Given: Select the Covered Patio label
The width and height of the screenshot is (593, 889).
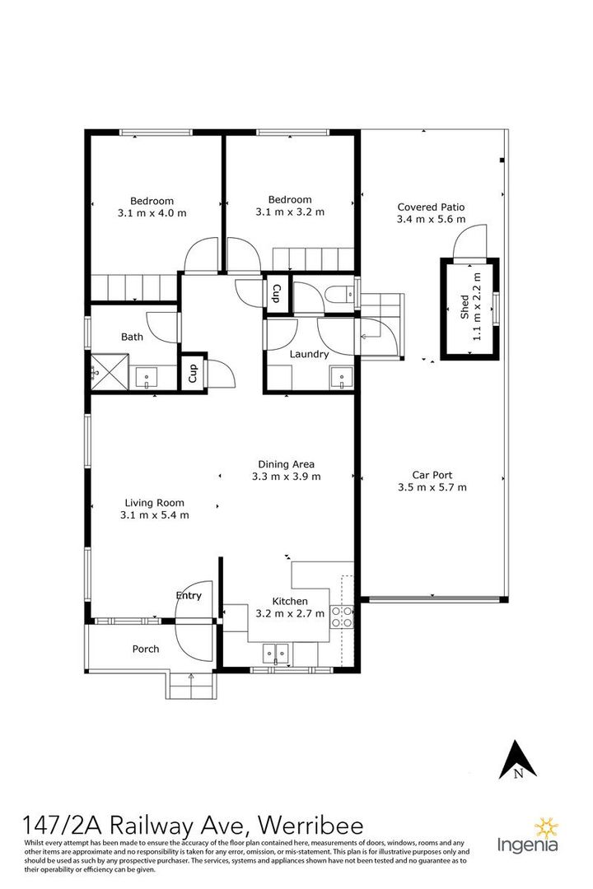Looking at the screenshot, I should click(x=431, y=207).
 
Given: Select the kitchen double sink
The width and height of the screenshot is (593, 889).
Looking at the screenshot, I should click(x=275, y=654).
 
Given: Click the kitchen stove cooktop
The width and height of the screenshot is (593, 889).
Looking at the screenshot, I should click(x=343, y=617).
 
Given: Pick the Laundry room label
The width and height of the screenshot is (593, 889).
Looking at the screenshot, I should click(x=309, y=355).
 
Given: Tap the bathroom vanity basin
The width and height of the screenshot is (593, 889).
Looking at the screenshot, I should click(x=147, y=379).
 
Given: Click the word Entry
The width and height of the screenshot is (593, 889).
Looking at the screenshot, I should click(x=189, y=595).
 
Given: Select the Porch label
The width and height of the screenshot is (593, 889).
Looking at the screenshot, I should click(x=146, y=649).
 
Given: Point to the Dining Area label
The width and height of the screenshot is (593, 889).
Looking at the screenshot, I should click(x=286, y=463).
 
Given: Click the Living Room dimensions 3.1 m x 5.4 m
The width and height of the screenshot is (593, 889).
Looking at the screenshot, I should click(x=154, y=515).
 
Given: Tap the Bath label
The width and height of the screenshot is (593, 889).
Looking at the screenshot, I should click(x=132, y=337).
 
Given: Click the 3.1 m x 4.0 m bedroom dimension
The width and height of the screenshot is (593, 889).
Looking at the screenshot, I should click(x=152, y=213).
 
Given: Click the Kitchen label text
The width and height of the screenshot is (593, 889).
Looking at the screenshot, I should click(x=290, y=602).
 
